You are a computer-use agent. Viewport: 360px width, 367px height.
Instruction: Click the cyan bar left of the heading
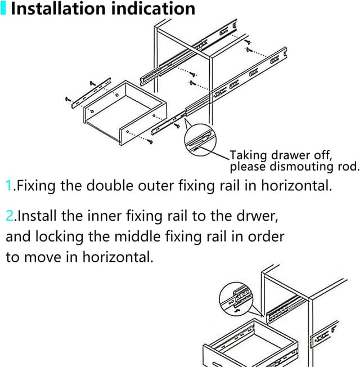pyautogui.click(x=3, y=8)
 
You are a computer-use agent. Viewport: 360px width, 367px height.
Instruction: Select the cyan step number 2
pyautogui.click(x=10, y=216)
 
